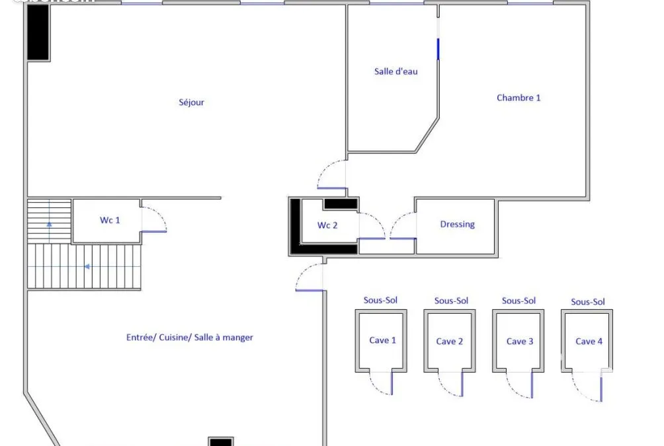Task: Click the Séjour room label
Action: [191, 102]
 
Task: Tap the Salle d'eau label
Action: [396, 71]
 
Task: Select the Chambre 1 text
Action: [519, 98]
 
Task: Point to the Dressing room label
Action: [458, 224]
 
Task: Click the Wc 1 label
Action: [110, 220]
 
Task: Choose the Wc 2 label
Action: [327, 225]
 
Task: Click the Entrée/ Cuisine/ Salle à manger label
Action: [190, 337]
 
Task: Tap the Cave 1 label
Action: [382, 340]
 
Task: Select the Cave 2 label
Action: [449, 342]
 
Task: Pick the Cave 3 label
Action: [520, 342]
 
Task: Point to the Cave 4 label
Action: [589, 342]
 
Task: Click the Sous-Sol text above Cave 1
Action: [380, 301]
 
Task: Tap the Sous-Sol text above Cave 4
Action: [588, 302]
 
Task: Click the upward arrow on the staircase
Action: [49, 224]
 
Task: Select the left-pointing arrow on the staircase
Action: [87, 266]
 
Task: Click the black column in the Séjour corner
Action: [38, 32]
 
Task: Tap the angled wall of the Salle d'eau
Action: [427, 135]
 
